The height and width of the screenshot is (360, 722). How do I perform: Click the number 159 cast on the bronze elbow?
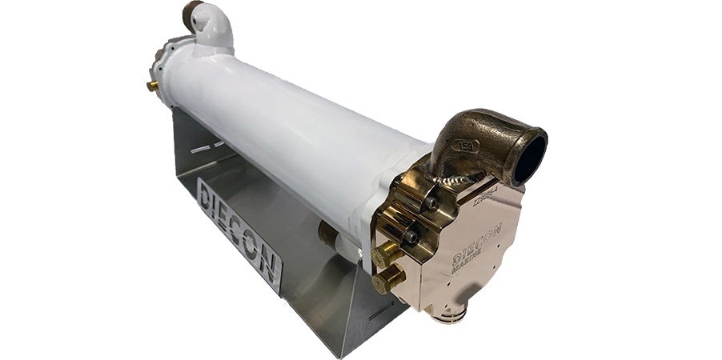(x=465, y=146)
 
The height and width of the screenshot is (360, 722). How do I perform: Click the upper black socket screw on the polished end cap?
(x=430, y=203)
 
